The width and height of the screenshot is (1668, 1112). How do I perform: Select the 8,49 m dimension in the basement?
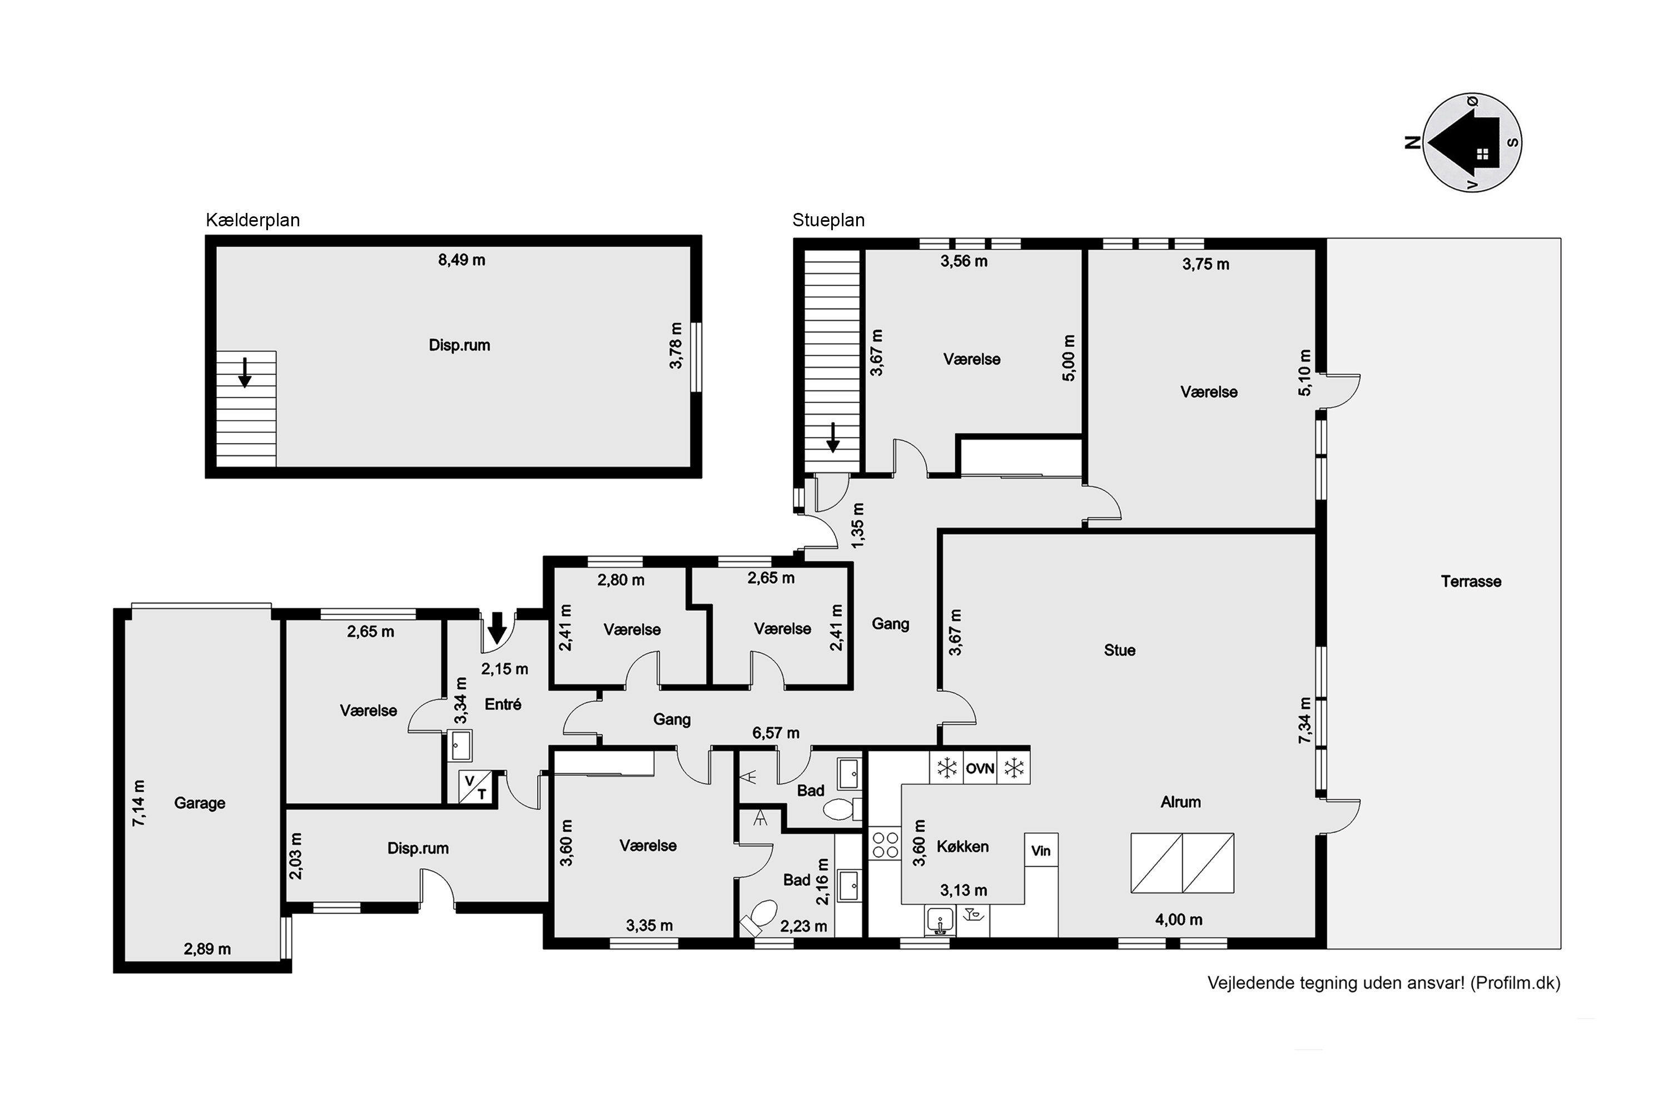point(461,260)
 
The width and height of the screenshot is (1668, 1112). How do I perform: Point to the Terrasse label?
point(1471,582)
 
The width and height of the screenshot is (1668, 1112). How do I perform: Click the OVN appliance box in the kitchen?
point(980,768)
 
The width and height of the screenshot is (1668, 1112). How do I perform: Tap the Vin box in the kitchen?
point(1041,850)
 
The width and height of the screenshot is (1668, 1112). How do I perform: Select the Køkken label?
point(962,846)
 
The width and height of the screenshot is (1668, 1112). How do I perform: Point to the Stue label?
point(1120,651)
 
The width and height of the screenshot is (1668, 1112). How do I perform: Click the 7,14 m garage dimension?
point(139,803)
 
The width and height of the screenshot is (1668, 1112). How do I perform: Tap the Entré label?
point(503,704)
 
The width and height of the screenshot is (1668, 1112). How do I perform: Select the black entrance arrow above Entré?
point(497,627)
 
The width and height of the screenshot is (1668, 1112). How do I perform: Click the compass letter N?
point(1412,142)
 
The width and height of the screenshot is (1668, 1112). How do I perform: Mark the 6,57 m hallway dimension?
point(776,733)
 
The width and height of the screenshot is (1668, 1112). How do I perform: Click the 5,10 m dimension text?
point(1305,373)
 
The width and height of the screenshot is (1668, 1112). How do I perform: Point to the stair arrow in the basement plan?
point(245,373)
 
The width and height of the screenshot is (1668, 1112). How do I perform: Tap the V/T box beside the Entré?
point(476,787)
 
